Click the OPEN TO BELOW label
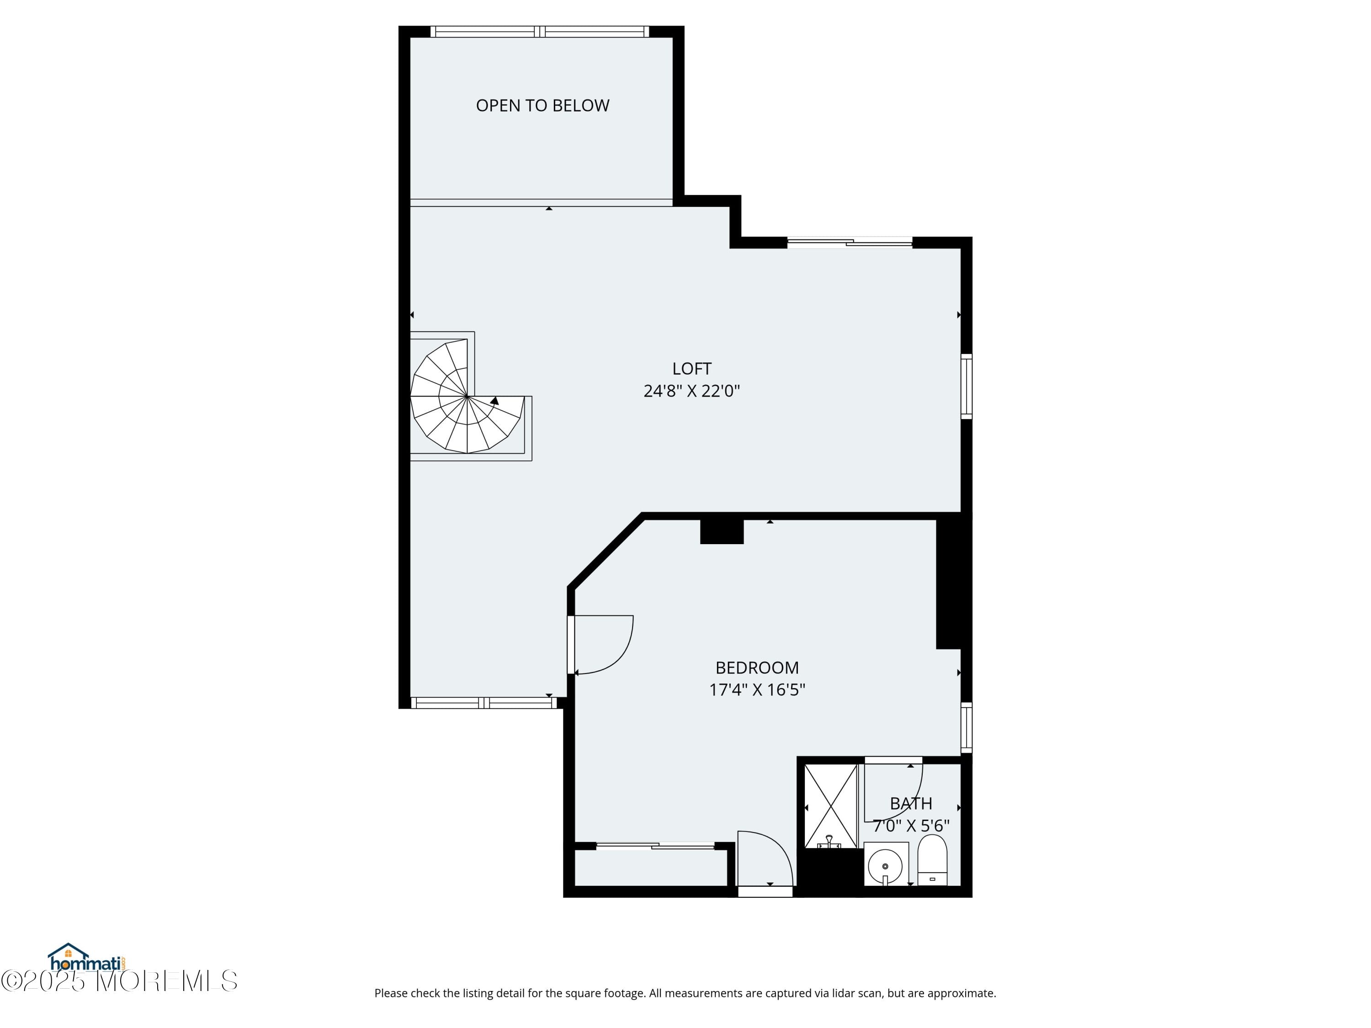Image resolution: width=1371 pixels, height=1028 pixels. click(542, 106)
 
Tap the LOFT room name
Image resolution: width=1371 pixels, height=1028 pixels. click(692, 369)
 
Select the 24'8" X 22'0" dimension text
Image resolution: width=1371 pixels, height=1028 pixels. click(692, 391)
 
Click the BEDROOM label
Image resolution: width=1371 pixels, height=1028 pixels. click(757, 668)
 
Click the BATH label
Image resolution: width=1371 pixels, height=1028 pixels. click(910, 804)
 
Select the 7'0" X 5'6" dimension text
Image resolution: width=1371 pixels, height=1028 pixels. click(910, 826)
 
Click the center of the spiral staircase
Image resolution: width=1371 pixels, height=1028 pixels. click(467, 396)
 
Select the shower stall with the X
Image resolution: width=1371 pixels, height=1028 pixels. click(830, 805)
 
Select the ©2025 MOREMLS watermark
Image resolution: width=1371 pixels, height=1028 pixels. click(119, 981)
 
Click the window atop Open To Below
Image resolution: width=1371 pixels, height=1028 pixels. click(540, 32)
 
